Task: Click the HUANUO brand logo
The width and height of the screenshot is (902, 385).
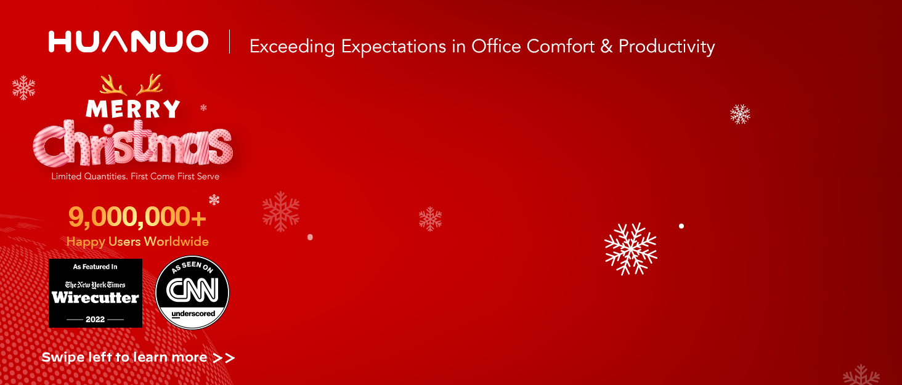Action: [x=128, y=41]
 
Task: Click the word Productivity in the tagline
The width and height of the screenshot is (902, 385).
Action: [x=667, y=47]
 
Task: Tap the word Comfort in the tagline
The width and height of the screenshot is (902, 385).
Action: [x=561, y=46]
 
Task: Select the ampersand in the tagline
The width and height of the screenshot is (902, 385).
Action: [x=606, y=47]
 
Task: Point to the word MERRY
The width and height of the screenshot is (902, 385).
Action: [x=133, y=109]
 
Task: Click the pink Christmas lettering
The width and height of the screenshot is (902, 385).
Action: [x=133, y=144]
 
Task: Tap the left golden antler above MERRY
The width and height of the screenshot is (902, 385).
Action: [x=113, y=85]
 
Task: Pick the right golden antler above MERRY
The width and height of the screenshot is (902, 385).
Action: [x=149, y=84]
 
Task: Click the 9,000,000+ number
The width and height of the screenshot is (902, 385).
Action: [x=137, y=217]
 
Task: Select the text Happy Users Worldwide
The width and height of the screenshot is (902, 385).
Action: [x=137, y=241]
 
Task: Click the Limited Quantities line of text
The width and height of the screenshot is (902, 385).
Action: [x=136, y=176]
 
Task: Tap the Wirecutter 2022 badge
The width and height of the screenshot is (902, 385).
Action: [x=95, y=293]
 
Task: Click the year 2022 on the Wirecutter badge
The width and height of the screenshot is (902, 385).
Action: [x=95, y=319]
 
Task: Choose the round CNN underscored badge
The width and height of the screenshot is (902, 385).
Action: [x=192, y=293]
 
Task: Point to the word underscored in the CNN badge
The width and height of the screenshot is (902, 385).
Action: [x=193, y=314]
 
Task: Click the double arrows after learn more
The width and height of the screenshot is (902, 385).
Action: [x=224, y=358]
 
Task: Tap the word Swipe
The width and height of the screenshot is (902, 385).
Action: [x=63, y=358]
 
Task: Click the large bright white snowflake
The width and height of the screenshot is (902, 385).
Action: [x=630, y=249]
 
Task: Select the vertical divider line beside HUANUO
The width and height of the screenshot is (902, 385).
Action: [x=230, y=41]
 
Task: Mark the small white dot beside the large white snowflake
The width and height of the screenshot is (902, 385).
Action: [x=681, y=226]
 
